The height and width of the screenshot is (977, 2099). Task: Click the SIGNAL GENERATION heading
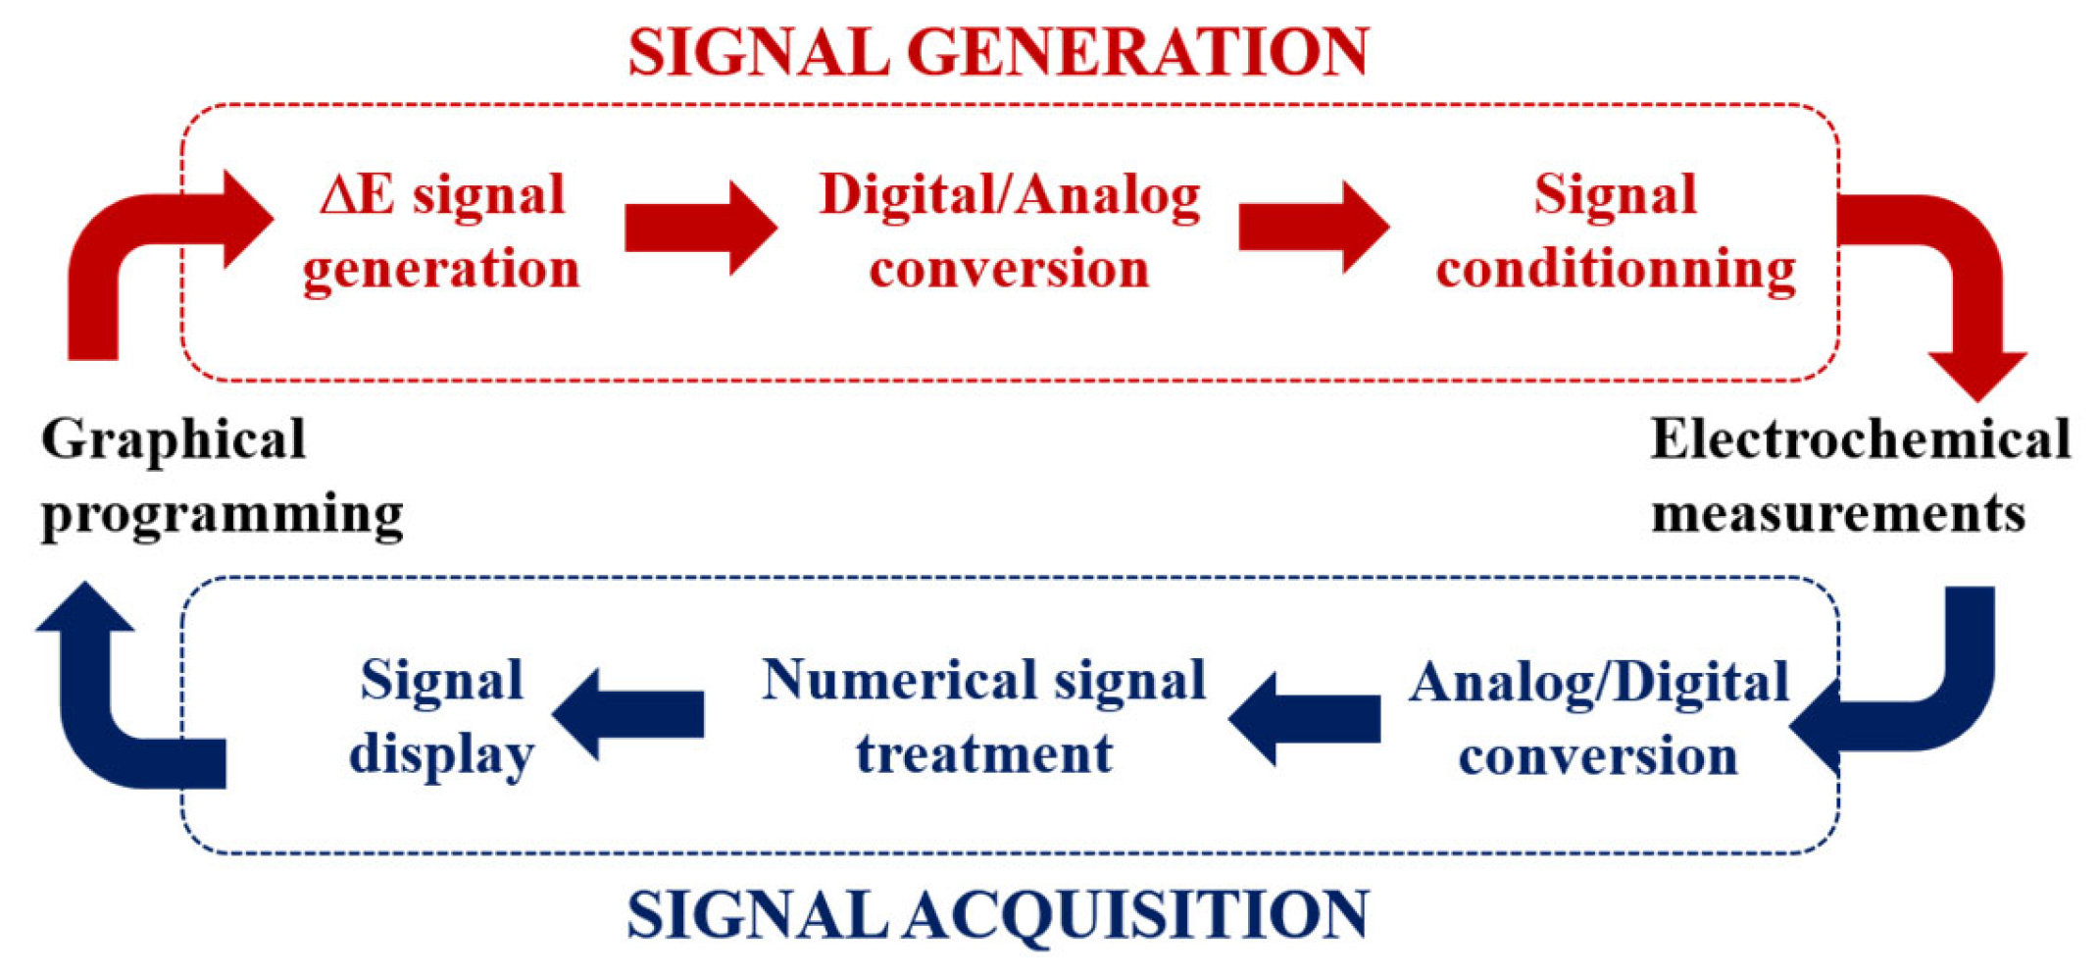(x=998, y=51)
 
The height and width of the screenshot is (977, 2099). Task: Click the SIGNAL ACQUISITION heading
(x=998, y=914)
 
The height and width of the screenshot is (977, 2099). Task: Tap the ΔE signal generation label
(x=442, y=231)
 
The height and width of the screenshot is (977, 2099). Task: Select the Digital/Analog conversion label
(x=1010, y=231)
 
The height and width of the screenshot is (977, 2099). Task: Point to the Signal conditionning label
(x=1616, y=231)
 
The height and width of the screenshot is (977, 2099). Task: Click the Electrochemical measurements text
(x=1859, y=476)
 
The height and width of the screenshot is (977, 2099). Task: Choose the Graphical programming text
(x=222, y=476)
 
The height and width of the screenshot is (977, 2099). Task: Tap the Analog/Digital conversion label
(x=1598, y=719)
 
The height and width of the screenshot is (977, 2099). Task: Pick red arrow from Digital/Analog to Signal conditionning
(x=1313, y=228)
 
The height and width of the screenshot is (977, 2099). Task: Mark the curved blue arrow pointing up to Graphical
(x=108, y=706)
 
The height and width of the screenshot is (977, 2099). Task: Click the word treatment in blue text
(x=983, y=753)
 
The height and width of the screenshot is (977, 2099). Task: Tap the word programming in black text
(x=222, y=513)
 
